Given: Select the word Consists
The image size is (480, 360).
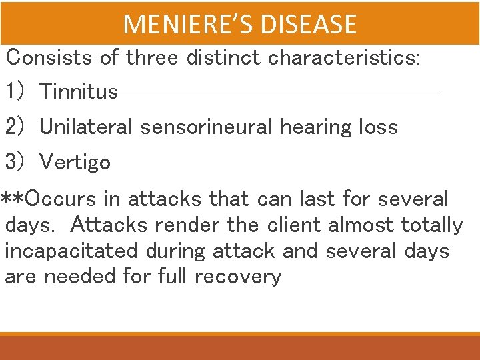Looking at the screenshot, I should pos(49,57).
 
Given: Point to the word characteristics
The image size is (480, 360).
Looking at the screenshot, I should pos(344,57).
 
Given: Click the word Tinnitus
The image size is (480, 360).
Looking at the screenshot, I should pos(79,91).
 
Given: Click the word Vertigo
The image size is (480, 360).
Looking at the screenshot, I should pos(75,162).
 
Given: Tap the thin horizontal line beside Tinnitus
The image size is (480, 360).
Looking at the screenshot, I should pos(280,91).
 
